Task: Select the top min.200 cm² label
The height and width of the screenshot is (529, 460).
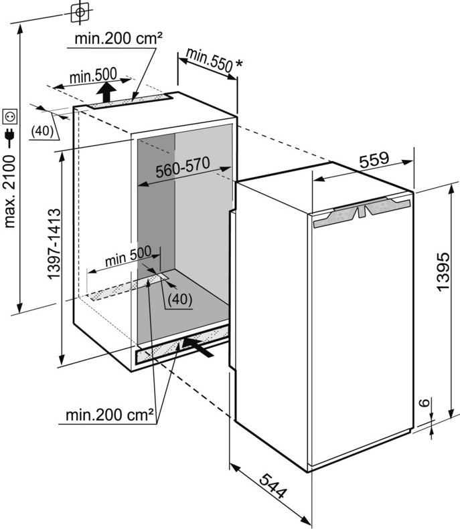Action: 118,39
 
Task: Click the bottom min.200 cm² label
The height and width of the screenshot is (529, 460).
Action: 110,415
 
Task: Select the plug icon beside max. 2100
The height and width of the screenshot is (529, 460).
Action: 9,137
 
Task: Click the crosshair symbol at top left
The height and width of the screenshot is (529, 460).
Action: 79,11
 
